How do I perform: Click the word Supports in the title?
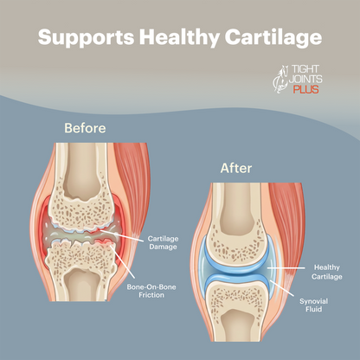point(86,37)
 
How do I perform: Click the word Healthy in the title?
point(179,37)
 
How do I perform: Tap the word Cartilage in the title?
point(273,37)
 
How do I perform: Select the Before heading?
point(85,128)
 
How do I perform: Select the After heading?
point(236,168)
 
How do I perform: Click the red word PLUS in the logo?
point(306,89)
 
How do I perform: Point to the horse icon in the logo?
point(280,80)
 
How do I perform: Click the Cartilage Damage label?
point(163,243)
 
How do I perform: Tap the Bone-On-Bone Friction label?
point(151,291)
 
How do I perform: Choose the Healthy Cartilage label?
point(327,272)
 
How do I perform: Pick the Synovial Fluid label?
point(313,305)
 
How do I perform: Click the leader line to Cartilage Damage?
point(122,235)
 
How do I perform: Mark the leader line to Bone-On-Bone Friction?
point(123,261)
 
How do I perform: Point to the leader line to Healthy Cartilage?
point(286,268)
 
